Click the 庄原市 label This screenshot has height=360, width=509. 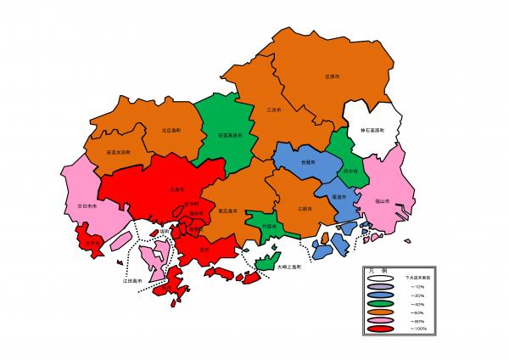[332, 76]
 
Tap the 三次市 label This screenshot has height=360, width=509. [273, 110]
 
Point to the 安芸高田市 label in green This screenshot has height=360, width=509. [230, 135]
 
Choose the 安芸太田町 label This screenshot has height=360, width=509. [119, 152]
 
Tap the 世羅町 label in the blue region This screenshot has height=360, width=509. [306, 160]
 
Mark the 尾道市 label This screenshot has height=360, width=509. [338, 197]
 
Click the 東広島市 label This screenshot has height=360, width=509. [227, 210]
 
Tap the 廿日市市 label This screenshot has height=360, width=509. [86, 207]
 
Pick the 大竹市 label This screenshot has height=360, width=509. [93, 242]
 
